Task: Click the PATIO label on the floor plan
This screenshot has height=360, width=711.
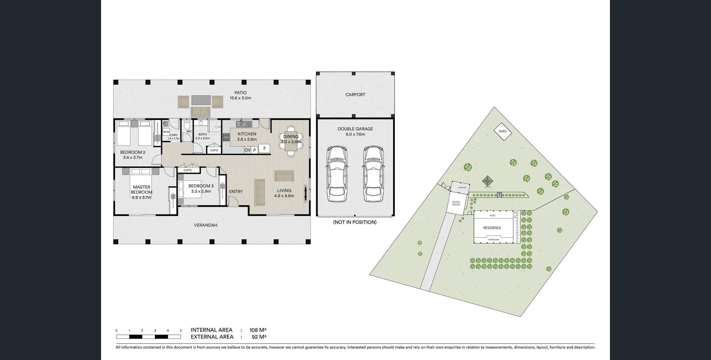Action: [x=240, y=93]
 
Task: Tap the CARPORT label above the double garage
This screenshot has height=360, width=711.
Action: [x=355, y=95]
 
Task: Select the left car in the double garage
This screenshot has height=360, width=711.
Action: [x=337, y=174]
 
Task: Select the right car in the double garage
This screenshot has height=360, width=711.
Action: [x=373, y=174]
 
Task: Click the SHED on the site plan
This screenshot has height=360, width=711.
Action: [x=503, y=131]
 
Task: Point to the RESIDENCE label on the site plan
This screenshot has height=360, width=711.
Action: [x=492, y=228]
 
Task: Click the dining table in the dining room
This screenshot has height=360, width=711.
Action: [x=291, y=141]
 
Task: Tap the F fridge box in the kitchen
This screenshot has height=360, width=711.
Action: [x=264, y=149]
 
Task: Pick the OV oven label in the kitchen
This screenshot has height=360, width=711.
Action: [x=247, y=150]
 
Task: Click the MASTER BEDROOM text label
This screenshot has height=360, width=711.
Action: [x=141, y=190]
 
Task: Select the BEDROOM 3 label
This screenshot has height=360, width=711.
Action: [x=201, y=186]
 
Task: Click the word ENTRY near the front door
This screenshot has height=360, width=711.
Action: [x=236, y=191]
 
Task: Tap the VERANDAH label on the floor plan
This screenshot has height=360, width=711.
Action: [x=206, y=225]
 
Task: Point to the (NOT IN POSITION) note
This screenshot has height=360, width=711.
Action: [x=355, y=222]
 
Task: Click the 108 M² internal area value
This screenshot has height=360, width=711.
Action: [x=258, y=330]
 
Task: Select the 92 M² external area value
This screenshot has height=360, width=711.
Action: [x=259, y=337]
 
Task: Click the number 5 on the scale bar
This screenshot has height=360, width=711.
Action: [x=181, y=331]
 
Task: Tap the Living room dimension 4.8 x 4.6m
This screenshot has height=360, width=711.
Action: [x=284, y=196]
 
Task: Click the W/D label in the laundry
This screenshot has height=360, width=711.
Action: [x=166, y=132]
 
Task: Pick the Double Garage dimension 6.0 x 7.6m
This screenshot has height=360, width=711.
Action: [x=355, y=134]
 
